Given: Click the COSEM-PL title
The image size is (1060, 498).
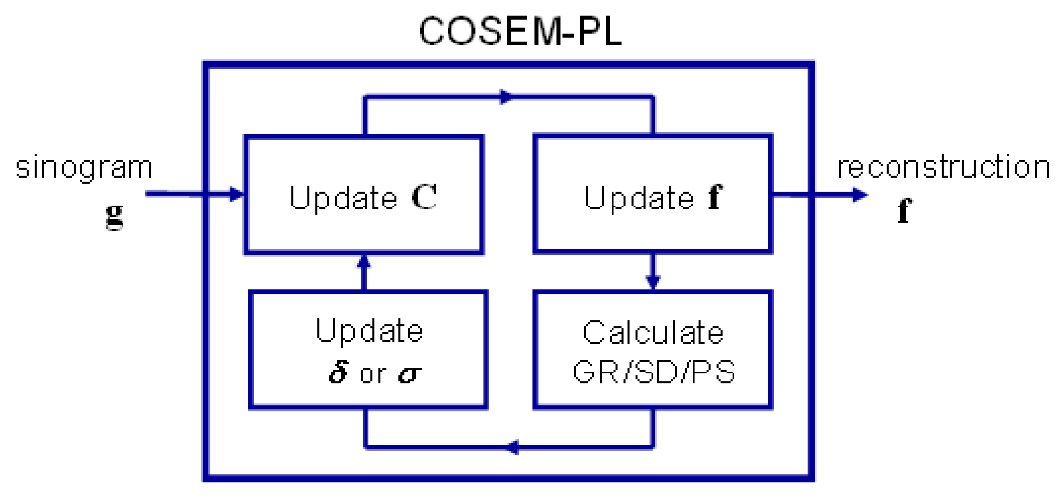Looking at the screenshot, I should click(x=520, y=32).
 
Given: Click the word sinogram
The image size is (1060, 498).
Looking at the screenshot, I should click(x=84, y=168).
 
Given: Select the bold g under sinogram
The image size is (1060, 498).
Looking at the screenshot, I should click(x=115, y=215).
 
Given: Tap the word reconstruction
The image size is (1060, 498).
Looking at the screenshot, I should click(x=943, y=167).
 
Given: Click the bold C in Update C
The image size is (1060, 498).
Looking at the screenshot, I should click(x=424, y=197).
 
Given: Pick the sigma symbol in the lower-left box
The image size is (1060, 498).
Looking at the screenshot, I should click(x=409, y=374).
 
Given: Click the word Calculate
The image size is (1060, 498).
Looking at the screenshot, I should click(x=653, y=332).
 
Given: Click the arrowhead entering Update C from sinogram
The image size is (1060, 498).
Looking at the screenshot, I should click(x=237, y=194).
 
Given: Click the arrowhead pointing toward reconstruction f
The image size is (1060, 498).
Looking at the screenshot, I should click(x=859, y=194).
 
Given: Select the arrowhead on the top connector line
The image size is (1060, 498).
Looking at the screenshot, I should click(x=506, y=97).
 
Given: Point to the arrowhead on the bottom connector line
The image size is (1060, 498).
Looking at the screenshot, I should click(x=513, y=447).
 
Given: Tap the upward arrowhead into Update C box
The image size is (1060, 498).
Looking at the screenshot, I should click(x=364, y=262).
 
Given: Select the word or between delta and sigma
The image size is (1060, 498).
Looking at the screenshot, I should click(x=373, y=374).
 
